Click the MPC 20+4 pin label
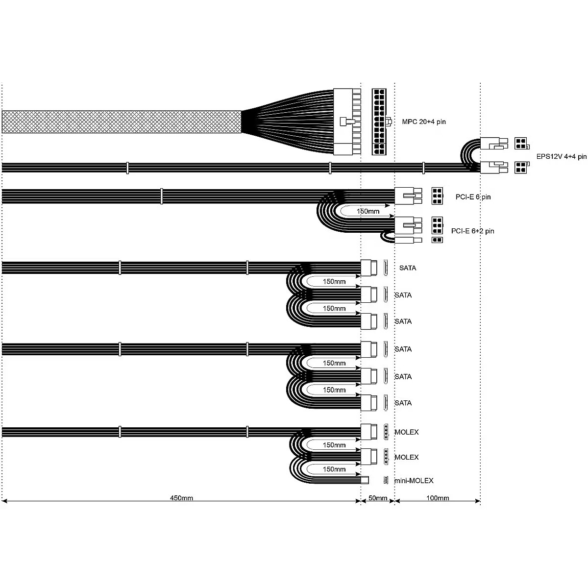tap(423, 122)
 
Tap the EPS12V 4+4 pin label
tap(562, 156)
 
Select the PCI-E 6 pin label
tap(473, 197)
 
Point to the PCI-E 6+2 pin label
tap(473, 231)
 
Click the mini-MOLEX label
tap(414, 481)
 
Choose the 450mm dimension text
tap(182, 498)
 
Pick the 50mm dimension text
tap(378, 498)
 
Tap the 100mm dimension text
tap(438, 498)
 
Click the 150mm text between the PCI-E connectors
tap(368, 211)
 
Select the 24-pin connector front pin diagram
tap(379, 122)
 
